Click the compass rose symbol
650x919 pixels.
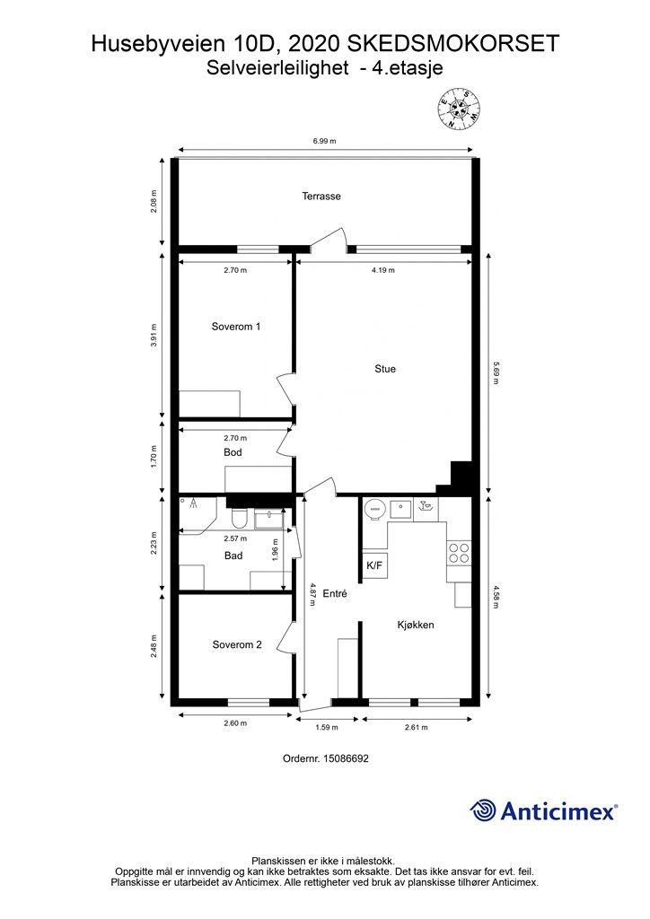pos(460,109)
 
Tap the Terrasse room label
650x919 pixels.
pos(321,197)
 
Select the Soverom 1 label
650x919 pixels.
pos(235,327)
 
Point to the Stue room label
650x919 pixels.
pos(385,369)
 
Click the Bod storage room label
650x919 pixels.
pos(233,452)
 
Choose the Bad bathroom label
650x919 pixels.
pos(233,556)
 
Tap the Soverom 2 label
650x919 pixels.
pos(237,644)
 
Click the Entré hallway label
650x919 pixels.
pos(335,593)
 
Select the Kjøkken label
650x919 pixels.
pos(416,625)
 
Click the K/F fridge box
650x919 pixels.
pos(374,565)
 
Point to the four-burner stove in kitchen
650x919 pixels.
pos(459,553)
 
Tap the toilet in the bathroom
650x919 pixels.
pos(239,517)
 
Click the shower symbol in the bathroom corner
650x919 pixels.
pos(192,503)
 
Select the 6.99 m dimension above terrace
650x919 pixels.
pos(324,141)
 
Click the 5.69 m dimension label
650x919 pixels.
pos(496,372)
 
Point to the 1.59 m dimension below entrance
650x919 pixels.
pos(327,727)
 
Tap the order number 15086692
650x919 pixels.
pos(325,758)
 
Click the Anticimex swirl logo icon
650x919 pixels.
pos(483,810)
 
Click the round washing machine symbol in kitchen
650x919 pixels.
pos(374,509)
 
